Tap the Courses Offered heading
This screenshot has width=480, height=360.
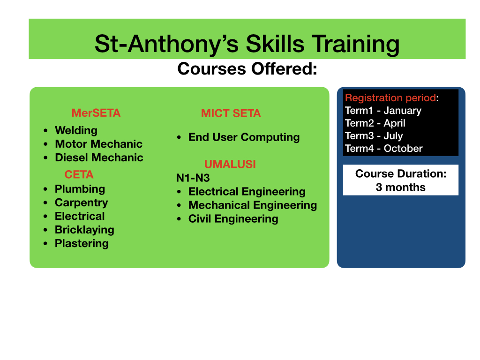click(x=247, y=68)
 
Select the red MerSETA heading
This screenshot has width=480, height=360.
click(x=96, y=113)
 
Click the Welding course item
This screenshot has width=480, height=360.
click(x=76, y=130)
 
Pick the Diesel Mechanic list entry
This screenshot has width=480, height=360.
click(x=99, y=157)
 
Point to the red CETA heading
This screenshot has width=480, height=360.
click(x=79, y=174)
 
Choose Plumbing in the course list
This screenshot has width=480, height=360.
click(x=80, y=189)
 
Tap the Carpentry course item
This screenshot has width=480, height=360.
click(x=82, y=202)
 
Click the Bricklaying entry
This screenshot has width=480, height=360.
click(x=84, y=230)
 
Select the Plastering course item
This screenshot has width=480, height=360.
click(x=82, y=244)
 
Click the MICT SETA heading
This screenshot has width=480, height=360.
click(x=231, y=113)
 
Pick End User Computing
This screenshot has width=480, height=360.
click(x=244, y=137)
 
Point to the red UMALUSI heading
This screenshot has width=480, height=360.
click(x=230, y=165)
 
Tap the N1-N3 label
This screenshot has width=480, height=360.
click(x=193, y=178)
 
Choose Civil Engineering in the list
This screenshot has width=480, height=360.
click(x=233, y=219)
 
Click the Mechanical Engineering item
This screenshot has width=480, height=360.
click(x=253, y=205)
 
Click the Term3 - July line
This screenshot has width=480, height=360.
click(x=374, y=135)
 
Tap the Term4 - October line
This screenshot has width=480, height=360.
click(x=383, y=149)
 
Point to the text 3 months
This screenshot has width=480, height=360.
click(x=400, y=187)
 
